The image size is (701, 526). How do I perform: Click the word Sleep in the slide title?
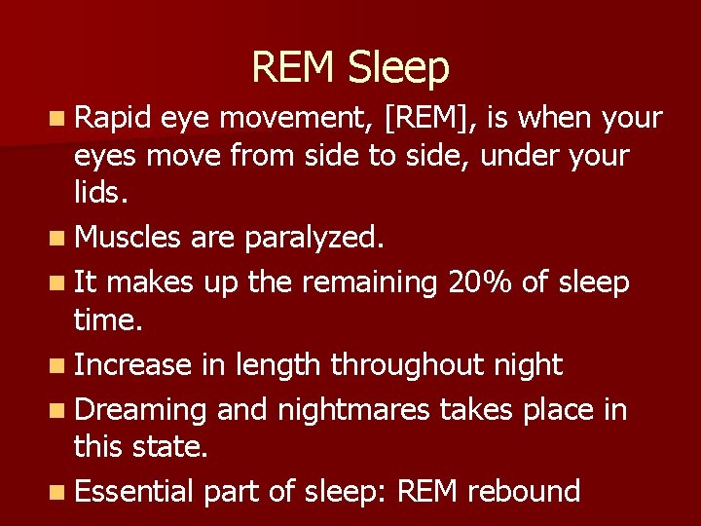398,68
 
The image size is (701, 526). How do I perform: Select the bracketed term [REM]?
429,119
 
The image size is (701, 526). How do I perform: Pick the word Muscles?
127,236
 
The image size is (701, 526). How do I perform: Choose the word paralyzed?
314,236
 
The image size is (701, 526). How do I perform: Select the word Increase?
133,365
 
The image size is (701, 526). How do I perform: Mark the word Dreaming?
140,410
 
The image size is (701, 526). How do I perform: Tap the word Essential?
134,491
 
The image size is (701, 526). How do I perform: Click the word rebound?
524,491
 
